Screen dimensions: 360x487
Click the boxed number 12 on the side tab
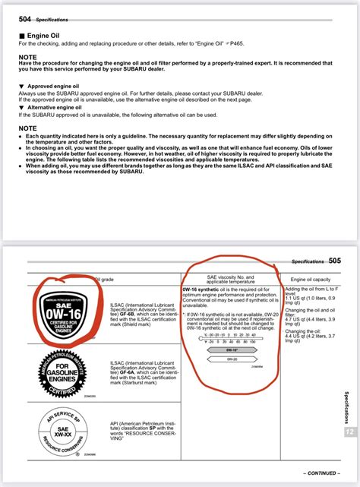349,431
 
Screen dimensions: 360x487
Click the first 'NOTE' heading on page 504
27,57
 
